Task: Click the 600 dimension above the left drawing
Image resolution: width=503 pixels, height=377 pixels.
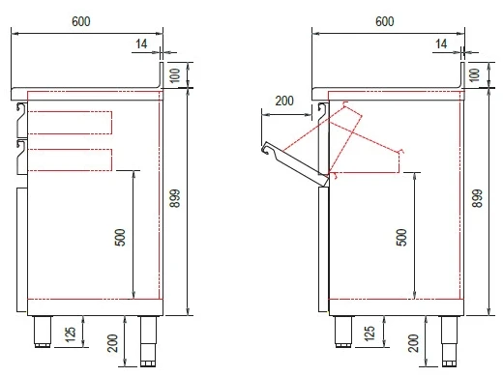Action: click(x=81, y=21)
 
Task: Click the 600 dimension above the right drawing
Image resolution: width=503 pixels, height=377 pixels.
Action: click(x=385, y=21)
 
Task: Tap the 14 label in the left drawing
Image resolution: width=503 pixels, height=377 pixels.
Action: click(x=141, y=43)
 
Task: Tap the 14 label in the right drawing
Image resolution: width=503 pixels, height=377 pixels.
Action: click(x=441, y=43)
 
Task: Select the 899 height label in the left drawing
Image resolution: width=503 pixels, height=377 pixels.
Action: click(x=175, y=198)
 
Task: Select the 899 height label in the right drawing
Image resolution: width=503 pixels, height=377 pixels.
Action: click(x=477, y=198)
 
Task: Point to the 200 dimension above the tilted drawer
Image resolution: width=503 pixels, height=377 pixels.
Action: click(x=284, y=101)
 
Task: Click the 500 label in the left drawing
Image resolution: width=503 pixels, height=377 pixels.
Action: click(x=120, y=238)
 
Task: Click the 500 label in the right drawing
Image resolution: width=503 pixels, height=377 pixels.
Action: click(x=401, y=238)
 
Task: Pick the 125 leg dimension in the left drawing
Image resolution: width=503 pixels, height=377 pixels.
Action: click(x=71, y=336)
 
